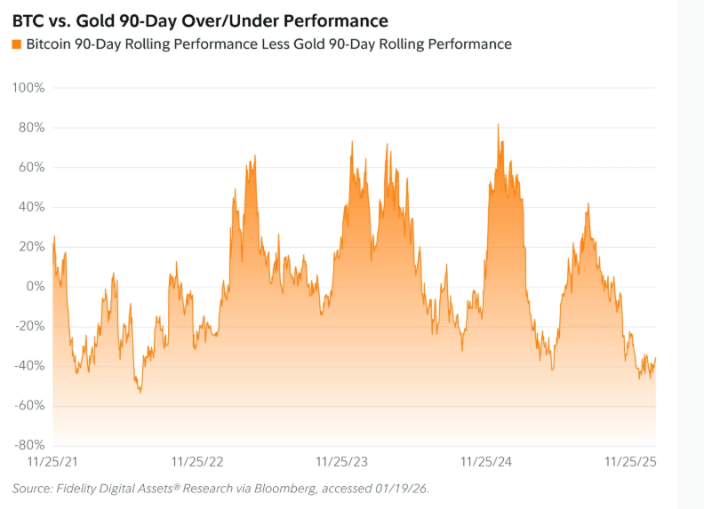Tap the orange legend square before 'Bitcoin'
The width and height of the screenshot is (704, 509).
coord(17,44)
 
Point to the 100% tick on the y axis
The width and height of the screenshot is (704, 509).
coord(28,88)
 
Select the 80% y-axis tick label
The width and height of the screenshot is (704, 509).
coord(31,128)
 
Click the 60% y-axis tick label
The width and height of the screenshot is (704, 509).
coord(31,167)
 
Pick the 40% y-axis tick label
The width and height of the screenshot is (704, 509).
coord(31,207)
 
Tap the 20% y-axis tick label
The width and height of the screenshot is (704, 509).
coord(31,247)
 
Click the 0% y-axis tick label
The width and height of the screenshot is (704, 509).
coord(35,286)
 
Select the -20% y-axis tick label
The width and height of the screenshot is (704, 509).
coord(29,326)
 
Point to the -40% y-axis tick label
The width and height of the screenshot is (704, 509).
coord(29,366)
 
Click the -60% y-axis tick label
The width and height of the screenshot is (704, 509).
coord(29,405)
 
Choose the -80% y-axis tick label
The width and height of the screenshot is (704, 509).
coord(29,445)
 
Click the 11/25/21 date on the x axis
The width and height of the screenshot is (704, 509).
coord(53,462)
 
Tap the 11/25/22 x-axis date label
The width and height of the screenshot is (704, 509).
coord(197,462)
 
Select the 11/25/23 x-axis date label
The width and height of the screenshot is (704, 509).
coord(342,462)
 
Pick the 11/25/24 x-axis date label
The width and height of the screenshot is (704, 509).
coord(486,462)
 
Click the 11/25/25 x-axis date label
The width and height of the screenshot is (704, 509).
coord(629,462)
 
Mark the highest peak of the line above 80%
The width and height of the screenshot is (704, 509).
coord(498,124)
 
